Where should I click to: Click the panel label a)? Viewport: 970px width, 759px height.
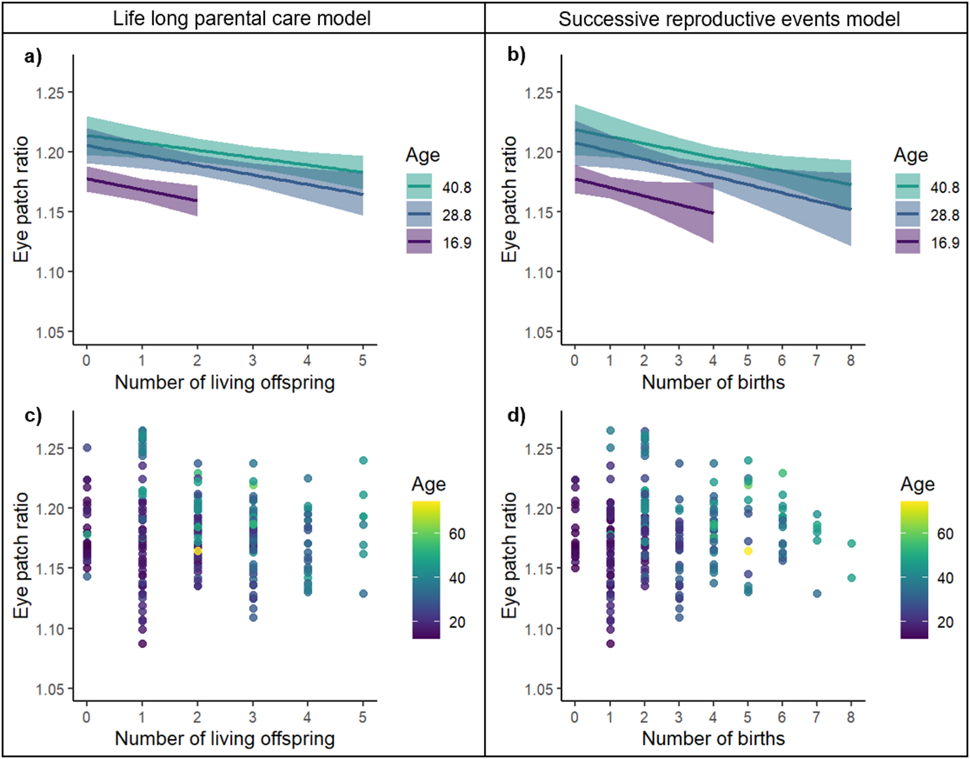click(33, 57)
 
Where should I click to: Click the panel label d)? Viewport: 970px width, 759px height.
click(516, 415)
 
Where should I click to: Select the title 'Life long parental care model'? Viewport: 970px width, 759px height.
click(242, 18)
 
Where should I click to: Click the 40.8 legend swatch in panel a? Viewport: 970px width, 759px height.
click(419, 186)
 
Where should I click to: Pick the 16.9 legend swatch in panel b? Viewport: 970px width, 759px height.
click(907, 242)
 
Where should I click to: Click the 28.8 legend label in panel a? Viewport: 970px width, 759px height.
click(456, 215)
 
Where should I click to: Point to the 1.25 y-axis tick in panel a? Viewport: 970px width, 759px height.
click(50, 92)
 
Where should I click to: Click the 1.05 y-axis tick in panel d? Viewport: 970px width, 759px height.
click(539, 689)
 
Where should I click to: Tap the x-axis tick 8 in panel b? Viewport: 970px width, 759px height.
click(851, 360)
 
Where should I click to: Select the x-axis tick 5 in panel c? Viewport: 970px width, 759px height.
click(363, 717)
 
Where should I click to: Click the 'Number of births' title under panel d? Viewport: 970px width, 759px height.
click(713, 738)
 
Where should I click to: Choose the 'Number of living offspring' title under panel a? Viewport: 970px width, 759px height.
click(225, 382)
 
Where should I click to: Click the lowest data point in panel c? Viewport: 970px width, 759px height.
click(143, 644)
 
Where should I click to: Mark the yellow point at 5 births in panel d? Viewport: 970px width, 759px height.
click(748, 551)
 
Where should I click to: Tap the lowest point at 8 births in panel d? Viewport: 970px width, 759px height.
click(852, 578)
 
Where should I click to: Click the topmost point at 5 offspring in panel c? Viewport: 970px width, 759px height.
click(363, 460)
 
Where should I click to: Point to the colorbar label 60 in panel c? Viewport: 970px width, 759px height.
click(457, 533)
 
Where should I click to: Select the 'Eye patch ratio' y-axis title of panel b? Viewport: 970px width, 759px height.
click(509, 199)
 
